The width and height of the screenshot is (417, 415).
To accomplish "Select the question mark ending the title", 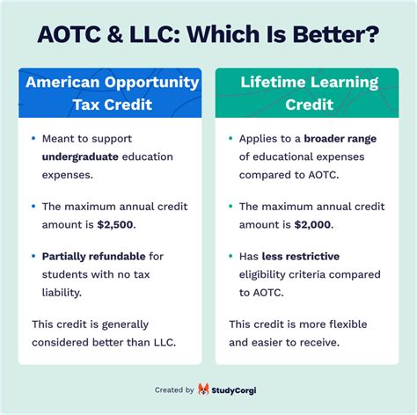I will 372,36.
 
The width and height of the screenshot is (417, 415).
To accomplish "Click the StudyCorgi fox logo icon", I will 204,390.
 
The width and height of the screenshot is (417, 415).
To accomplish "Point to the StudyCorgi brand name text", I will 238,390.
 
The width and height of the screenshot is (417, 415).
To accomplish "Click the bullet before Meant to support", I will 33,139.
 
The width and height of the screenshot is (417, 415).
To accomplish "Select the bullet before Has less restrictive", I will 230,256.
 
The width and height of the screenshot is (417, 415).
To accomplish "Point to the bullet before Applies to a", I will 230,139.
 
